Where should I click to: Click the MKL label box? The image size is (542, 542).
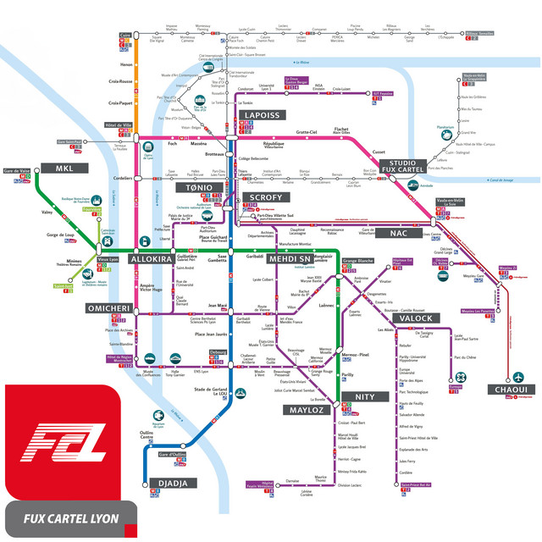[65, 167]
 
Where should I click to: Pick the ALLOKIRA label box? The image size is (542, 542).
[151, 259]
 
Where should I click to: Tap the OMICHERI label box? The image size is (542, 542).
[108, 308]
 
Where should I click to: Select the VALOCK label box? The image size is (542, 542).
[408, 318]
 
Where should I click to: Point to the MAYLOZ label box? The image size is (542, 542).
[307, 410]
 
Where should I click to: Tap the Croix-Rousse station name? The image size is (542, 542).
[121, 82]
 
